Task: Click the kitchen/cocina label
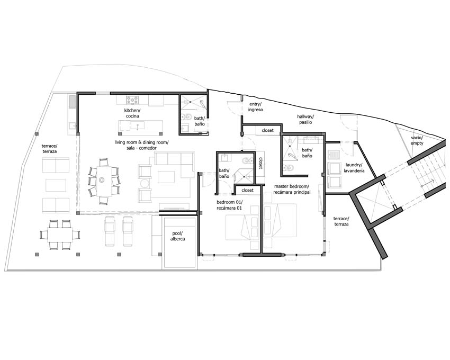tap(132, 113)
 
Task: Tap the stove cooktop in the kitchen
tap(132, 100)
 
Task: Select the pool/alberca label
tap(178, 236)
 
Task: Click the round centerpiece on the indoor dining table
tap(102, 180)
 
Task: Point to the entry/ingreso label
tap(255, 107)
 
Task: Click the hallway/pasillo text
tap(305, 119)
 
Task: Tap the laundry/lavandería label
tap(355, 168)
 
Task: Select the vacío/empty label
tap(417, 140)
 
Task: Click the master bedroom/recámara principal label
tap(292, 189)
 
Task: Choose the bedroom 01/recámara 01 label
tap(229, 204)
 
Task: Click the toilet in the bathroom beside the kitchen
tap(187, 117)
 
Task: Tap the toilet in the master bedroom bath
tap(289, 167)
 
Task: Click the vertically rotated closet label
tap(261, 163)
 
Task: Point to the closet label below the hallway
tap(267, 130)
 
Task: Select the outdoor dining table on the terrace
tap(60, 235)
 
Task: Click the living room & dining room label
tap(141, 145)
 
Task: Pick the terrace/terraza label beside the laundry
tap(341, 221)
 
